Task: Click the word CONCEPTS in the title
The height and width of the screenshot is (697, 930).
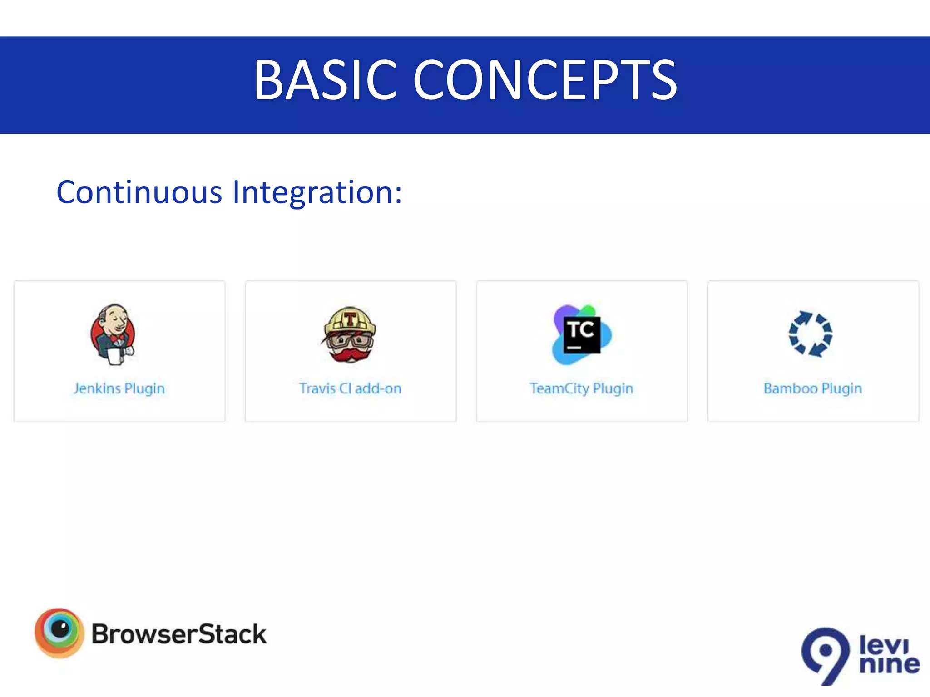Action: click(545, 80)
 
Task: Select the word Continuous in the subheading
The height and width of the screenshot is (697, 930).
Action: click(139, 192)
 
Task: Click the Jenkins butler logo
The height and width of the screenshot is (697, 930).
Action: click(113, 334)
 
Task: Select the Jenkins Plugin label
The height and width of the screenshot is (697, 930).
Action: click(119, 388)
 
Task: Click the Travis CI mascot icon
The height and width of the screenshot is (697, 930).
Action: click(349, 335)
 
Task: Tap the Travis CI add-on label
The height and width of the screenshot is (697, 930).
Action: click(350, 388)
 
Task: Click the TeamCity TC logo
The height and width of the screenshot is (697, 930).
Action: click(582, 335)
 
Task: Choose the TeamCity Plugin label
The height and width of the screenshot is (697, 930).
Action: click(581, 388)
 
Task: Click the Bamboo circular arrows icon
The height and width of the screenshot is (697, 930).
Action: click(811, 334)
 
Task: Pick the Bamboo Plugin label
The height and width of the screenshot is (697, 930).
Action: click(813, 388)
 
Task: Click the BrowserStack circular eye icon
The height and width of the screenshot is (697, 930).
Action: click(59, 633)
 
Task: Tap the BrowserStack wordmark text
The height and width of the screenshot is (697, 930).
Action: click(179, 634)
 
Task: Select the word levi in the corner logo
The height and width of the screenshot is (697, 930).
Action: click(883, 644)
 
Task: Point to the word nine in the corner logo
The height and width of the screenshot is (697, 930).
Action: click(889, 665)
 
